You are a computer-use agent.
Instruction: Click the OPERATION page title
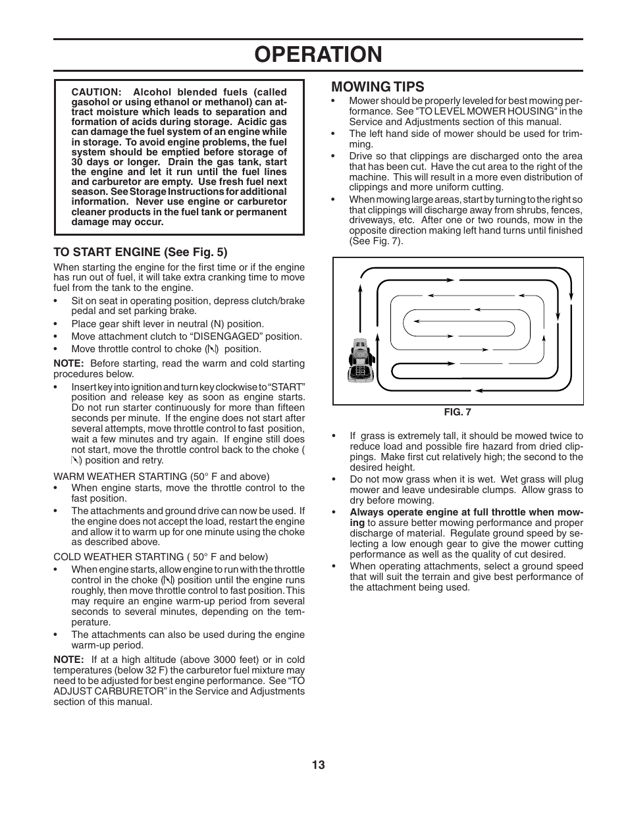tap(318, 55)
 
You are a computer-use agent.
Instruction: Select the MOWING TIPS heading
tap(378, 87)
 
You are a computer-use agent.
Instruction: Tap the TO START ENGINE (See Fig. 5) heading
tap(140, 251)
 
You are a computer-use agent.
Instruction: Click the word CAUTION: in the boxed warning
tap(96, 92)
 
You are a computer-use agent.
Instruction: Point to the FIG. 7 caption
tap(458, 412)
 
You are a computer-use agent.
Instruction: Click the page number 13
tap(319, 765)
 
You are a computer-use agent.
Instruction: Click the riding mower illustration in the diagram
tap(360, 361)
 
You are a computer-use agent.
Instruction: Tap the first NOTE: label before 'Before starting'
tap(68, 363)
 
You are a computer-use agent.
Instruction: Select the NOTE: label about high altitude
tap(68, 660)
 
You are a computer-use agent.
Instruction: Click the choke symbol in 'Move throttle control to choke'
tap(212, 350)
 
